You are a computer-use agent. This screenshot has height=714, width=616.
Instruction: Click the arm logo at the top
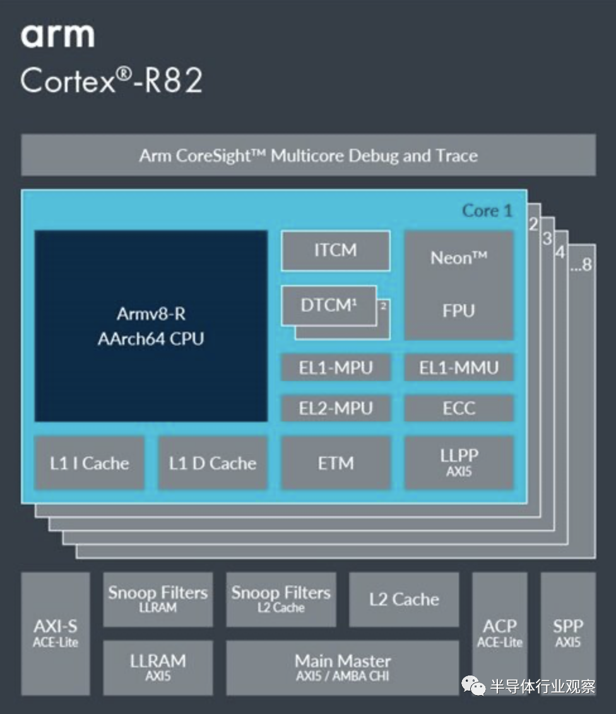point(57,35)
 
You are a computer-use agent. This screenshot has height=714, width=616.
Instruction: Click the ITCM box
point(335,250)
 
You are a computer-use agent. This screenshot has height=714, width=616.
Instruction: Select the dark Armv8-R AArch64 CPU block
point(151,326)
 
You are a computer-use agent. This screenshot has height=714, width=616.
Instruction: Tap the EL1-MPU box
point(336,368)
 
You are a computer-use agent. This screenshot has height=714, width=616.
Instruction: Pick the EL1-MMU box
point(459,368)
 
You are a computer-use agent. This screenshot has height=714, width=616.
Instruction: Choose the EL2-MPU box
point(336,408)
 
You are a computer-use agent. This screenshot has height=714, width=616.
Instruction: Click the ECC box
point(459,408)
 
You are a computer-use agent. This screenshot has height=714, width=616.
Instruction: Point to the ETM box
point(336,463)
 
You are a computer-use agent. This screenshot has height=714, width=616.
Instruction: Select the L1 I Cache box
point(89,463)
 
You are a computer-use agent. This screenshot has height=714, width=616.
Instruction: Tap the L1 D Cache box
point(213,463)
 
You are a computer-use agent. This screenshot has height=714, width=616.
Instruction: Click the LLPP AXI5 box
point(459,463)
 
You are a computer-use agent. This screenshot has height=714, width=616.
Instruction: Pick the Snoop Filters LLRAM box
point(158,600)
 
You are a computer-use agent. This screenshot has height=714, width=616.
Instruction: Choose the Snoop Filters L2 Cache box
point(281,600)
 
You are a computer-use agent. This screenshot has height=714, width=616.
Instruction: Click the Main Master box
point(343,668)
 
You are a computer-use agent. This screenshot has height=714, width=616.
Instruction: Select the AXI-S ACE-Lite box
point(56,634)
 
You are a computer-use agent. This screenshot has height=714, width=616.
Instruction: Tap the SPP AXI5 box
point(568,634)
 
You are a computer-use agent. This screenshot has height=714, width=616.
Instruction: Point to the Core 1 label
point(487,211)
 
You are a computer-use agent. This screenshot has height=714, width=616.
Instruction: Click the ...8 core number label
point(581,264)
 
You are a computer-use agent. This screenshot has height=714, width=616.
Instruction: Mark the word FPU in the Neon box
point(459,310)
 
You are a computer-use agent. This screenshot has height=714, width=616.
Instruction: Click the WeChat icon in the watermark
point(473,686)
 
